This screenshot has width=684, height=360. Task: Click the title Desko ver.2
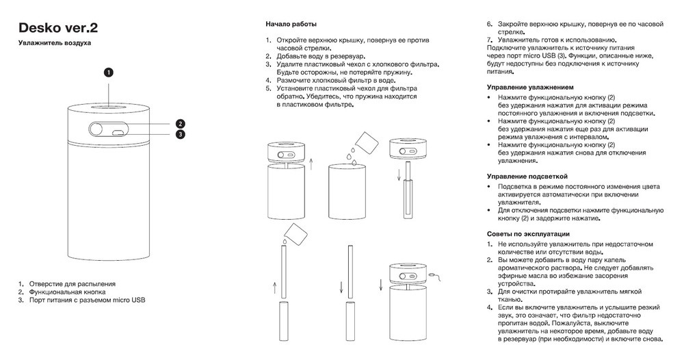tap(57, 28)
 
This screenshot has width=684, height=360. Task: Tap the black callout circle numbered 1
tap(109, 71)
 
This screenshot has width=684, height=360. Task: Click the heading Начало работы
tap(291, 25)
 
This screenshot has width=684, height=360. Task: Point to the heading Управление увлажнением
tap(529, 88)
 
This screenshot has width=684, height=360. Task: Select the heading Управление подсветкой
tap(527, 177)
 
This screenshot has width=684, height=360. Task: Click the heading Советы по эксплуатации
tap(528, 234)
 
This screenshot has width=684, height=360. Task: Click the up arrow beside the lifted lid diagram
tap(312, 163)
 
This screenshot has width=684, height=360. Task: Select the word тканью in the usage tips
tap(510, 298)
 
